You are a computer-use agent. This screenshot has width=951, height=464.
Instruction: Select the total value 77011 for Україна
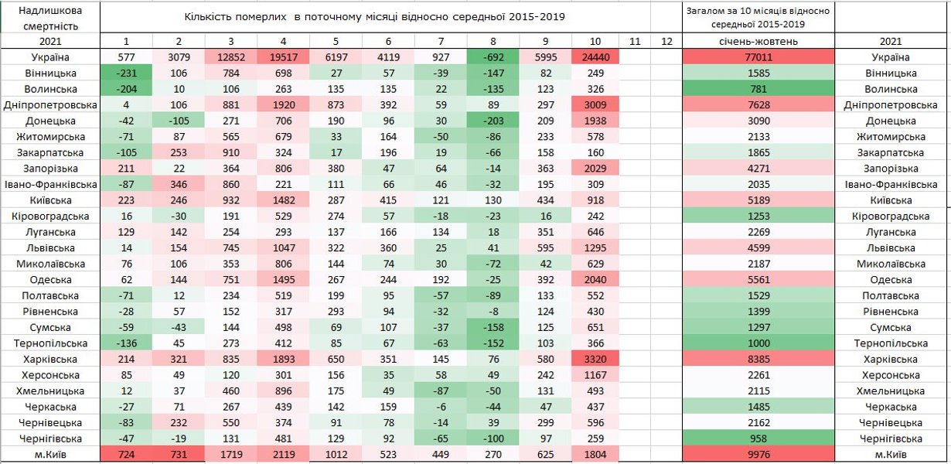[758, 57]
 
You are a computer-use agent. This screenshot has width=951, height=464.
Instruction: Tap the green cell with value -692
[492, 57]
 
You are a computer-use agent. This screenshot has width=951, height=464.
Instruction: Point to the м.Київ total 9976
[758, 455]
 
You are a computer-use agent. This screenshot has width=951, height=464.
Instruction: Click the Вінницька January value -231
[126, 73]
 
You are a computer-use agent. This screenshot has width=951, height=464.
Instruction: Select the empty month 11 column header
[633, 41]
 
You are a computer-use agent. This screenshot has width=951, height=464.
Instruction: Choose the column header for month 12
[666, 41]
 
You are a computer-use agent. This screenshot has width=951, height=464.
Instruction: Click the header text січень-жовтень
[758, 41]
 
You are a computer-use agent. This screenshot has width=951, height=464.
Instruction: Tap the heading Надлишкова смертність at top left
[50, 17]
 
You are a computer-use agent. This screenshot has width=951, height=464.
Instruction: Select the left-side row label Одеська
[50, 279]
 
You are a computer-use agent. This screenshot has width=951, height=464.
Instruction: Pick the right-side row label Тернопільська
[893, 343]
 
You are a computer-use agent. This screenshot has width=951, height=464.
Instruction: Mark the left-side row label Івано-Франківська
[50, 184]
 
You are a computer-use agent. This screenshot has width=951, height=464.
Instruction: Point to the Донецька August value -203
[492, 121]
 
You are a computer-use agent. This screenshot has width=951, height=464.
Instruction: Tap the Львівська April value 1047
[284, 247]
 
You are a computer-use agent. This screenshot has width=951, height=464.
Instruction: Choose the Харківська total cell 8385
[758, 359]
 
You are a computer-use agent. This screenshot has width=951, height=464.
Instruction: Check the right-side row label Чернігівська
[893, 438]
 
